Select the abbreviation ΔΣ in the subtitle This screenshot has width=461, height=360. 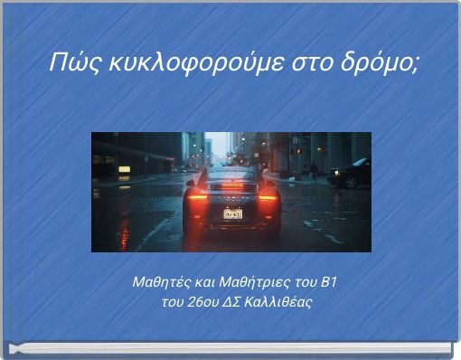[238, 301]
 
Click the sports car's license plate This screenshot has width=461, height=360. [232, 214]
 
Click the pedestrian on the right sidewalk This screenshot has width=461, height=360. [314, 169]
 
